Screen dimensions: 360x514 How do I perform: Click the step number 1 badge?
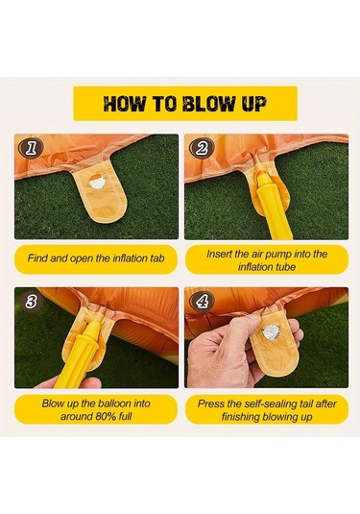click(31, 148)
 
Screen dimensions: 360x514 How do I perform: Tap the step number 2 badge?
click(203, 148)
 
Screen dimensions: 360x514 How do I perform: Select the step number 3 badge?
click(31, 302)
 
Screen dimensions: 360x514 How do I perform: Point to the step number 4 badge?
click(203, 302)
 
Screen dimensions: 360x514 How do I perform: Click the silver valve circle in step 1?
click(98, 183)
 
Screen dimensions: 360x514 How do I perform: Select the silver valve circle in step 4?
click(271, 332)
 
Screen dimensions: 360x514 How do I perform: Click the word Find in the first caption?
click(37, 258)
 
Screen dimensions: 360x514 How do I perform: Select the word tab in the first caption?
click(157, 258)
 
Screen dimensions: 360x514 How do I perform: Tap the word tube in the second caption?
click(285, 267)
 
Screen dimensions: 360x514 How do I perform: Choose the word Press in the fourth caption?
click(209, 404)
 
